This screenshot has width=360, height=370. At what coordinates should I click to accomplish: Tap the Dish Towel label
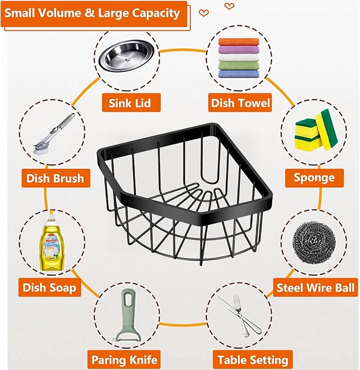(x=240, y=102)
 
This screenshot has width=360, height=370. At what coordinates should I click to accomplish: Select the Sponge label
(x=314, y=178)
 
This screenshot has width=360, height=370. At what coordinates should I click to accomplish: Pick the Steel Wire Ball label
(x=315, y=288)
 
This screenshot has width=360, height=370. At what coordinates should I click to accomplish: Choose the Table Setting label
(x=253, y=360)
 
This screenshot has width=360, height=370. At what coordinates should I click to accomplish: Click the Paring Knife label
(x=124, y=360)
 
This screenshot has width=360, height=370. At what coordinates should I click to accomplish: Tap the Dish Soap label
(x=49, y=287)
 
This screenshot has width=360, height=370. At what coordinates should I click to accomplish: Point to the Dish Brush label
(x=56, y=178)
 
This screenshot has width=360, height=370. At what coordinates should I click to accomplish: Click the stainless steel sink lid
(x=127, y=56)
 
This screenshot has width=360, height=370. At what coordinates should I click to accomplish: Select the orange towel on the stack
(x=239, y=42)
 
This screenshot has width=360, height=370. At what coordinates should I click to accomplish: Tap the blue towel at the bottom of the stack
(x=239, y=74)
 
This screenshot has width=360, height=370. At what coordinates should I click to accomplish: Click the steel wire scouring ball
(x=314, y=243)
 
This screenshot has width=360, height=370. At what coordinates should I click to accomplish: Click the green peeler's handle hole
(x=128, y=300)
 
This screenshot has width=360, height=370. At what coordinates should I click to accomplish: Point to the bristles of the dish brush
(x=40, y=149)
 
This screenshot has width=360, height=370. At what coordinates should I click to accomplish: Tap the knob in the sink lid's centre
(x=128, y=58)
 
